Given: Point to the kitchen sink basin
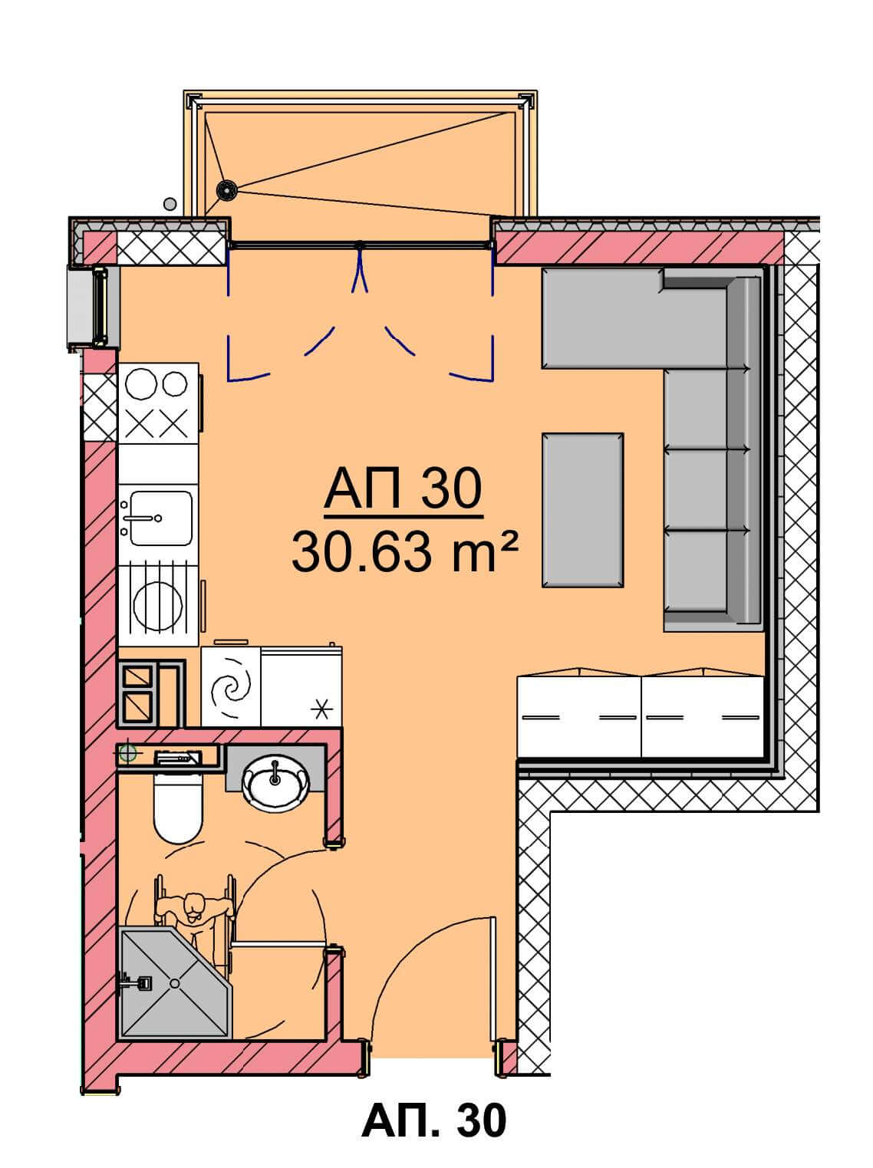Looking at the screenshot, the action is [x=161, y=518].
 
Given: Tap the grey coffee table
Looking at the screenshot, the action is [x=582, y=510].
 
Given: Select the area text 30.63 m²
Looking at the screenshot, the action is [x=404, y=554].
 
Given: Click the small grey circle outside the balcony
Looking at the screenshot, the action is [x=170, y=202].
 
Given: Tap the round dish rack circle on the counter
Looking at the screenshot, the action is [x=158, y=606].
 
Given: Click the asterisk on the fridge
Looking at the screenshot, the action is [x=321, y=709].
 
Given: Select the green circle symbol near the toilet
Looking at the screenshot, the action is [x=128, y=752].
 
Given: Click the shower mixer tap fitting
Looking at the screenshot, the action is [x=137, y=983].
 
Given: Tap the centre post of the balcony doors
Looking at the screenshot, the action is [x=360, y=246].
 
